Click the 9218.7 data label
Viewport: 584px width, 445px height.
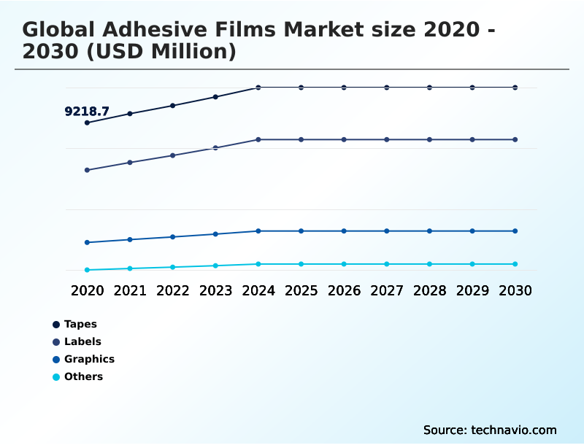tap(87, 112)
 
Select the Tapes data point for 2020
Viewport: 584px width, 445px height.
tap(87, 123)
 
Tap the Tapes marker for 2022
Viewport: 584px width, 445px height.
tap(173, 106)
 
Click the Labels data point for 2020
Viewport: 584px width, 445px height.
tap(87, 170)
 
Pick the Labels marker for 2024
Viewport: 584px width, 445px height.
tap(258, 139)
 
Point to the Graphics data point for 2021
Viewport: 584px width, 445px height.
tap(130, 239)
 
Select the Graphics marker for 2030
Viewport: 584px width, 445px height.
tap(515, 231)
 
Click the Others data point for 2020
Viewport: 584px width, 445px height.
tap(87, 270)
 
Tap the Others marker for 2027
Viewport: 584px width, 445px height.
tap(387, 264)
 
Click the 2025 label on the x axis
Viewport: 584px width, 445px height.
tap(301, 290)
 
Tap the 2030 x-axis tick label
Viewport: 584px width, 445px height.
tap(515, 290)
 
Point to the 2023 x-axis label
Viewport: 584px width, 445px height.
tap(215, 290)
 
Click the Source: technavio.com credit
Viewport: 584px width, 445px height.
tap(490, 430)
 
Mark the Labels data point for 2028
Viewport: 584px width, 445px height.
tap(429, 139)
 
